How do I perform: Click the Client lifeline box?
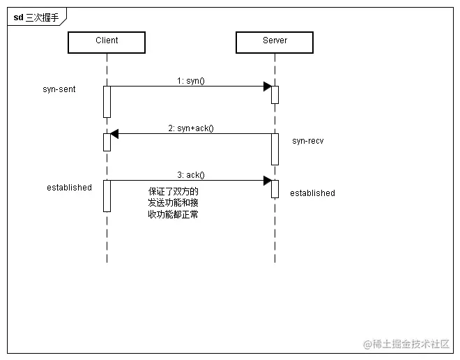107,42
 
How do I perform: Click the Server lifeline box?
275,42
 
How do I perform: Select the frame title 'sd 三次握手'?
36,18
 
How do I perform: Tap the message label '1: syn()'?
190,81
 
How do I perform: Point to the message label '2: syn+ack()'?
190,128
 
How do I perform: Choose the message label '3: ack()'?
190,175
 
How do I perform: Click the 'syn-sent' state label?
59,89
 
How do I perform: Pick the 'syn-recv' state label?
307,141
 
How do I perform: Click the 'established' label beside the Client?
69,188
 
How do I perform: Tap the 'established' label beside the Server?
312,193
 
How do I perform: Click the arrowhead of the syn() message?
267,87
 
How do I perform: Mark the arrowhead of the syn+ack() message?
114,134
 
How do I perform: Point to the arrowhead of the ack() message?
267,181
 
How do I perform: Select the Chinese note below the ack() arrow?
174,203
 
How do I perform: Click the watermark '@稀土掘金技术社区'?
406,344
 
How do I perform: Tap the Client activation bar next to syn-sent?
107,102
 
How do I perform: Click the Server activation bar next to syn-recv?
275,149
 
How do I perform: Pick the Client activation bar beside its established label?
107,195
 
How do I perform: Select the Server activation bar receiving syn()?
275,95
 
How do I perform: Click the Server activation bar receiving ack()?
275,189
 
